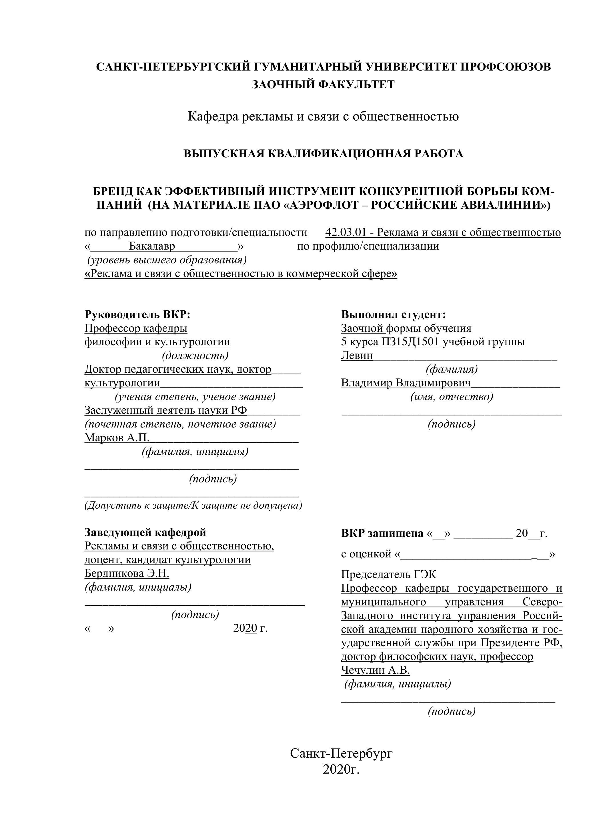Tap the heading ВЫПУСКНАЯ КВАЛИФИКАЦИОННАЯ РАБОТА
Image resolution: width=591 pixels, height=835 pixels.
323,154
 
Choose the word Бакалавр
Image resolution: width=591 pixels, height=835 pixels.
152,246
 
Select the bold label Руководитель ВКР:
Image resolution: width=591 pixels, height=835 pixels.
137,315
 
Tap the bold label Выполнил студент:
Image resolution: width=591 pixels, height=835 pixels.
394,315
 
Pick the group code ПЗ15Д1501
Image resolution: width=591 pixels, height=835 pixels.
410,342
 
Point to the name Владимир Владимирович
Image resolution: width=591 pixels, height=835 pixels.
406,383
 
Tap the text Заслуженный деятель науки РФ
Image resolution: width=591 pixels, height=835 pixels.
165,410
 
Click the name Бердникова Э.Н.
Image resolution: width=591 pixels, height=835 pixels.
127,573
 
